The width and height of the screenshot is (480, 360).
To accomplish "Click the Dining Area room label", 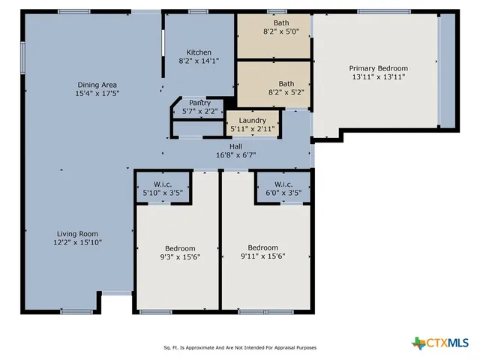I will (x=97, y=85).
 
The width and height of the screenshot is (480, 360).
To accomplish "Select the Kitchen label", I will (x=199, y=52).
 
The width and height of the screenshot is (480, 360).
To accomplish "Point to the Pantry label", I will (x=199, y=103).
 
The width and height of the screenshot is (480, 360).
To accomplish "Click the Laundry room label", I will (x=252, y=120).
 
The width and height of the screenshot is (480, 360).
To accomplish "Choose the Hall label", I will (x=235, y=146).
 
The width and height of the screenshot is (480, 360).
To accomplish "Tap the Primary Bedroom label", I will (x=378, y=67).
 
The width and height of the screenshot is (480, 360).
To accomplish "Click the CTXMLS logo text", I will (x=448, y=343).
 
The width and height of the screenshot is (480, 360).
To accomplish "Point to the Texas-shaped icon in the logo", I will (x=418, y=343).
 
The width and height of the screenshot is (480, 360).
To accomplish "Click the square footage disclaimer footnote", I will (x=240, y=347).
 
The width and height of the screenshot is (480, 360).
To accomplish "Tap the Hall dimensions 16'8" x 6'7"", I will (x=235, y=155).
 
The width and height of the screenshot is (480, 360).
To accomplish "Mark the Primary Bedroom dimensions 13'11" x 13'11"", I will (x=378, y=76).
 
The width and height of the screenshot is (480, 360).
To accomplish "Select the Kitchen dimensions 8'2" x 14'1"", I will (x=199, y=61).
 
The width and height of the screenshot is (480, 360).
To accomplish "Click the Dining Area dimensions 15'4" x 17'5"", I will (x=97, y=94).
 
